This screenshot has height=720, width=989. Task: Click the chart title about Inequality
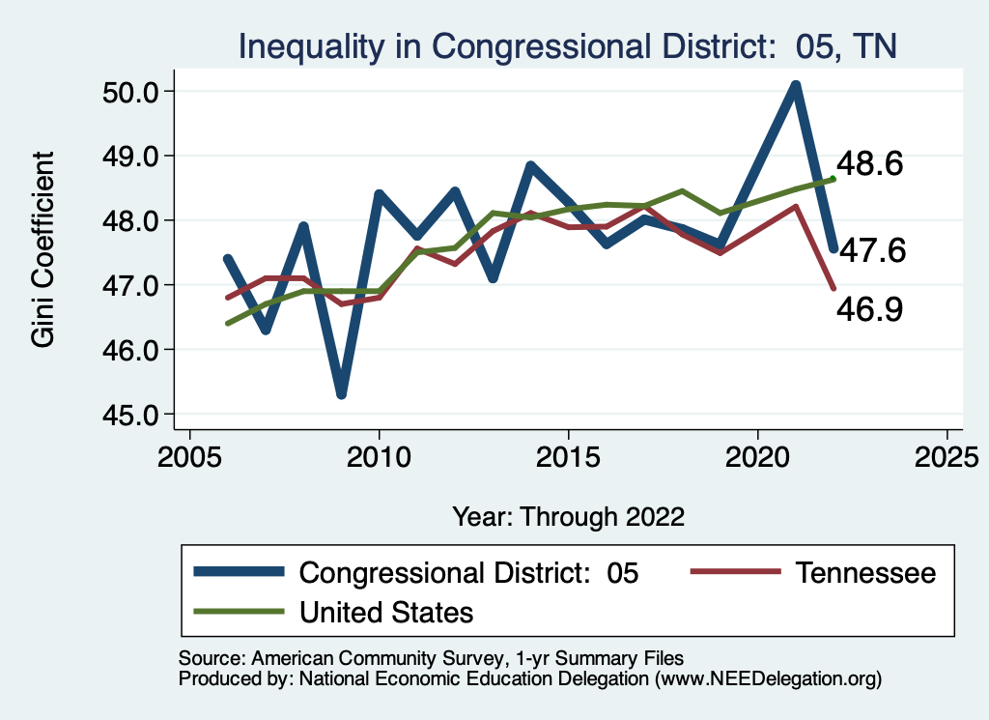[x=569, y=46]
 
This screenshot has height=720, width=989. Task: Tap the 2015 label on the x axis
[x=568, y=455]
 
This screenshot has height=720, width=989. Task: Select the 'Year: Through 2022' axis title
[x=568, y=516]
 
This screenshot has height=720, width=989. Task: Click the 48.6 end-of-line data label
[x=869, y=164]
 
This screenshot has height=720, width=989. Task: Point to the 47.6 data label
[x=870, y=251]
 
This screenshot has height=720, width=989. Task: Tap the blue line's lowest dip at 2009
[x=341, y=394]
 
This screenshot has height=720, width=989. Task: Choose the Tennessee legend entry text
[x=865, y=573]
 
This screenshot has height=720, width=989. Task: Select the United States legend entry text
[x=386, y=612]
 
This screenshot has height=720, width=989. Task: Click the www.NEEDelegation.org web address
[x=768, y=679]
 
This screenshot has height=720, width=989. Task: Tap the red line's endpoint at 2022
[x=833, y=288]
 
